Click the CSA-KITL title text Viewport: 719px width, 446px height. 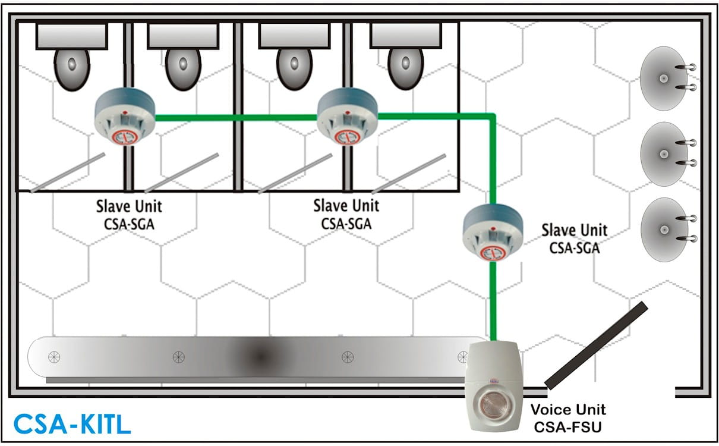click(x=72, y=424)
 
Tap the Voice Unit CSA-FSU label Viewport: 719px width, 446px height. click(x=567, y=418)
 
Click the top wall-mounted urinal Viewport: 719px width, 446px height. click(x=663, y=78)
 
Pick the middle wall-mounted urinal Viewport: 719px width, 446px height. click(x=663, y=154)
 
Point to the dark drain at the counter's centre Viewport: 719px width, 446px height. click(x=260, y=357)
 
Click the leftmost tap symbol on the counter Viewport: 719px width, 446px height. click(x=54, y=357)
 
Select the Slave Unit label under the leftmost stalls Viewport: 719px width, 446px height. click(x=129, y=215)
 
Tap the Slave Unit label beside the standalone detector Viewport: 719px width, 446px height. click(x=575, y=238)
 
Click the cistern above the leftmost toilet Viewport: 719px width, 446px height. click(x=72, y=36)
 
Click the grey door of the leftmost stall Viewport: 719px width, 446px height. click(x=68, y=172)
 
